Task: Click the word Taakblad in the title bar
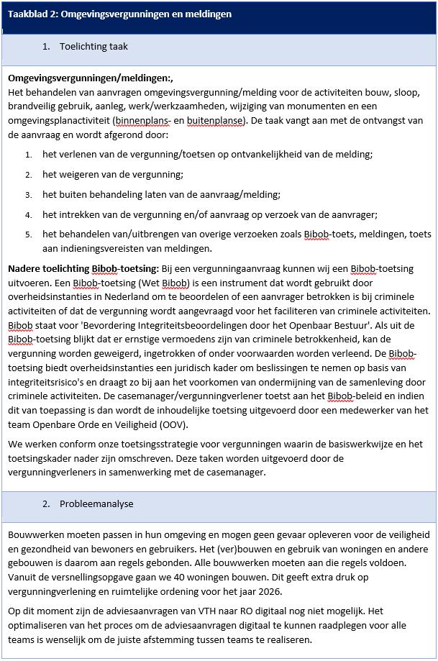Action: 27,14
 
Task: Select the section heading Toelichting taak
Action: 93,47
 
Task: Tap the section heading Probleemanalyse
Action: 96,504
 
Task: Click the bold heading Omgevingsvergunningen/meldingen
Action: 90,78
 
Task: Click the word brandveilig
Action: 32,106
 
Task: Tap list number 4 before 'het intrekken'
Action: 29,215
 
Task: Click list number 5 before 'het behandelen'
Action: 29,234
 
